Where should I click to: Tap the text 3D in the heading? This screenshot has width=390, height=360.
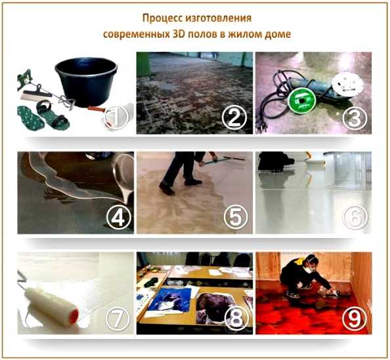179,34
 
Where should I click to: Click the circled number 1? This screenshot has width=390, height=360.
116,117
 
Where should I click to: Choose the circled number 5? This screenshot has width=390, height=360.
236,217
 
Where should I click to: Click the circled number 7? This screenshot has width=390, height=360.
118,319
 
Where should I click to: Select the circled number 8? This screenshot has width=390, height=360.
236,319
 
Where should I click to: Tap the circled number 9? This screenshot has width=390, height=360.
354,319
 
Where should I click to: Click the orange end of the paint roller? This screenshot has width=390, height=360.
74,314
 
